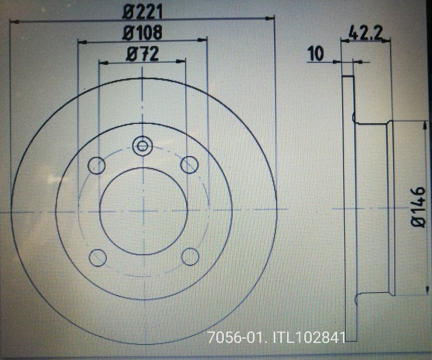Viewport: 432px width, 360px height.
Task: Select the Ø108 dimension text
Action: (143, 32)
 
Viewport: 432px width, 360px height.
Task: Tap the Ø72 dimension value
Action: (142, 54)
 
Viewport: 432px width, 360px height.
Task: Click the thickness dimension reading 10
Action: (316, 53)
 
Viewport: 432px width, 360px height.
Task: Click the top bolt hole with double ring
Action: (142, 147)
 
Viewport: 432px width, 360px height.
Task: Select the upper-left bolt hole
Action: (97, 165)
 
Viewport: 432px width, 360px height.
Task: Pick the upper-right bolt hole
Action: (190, 164)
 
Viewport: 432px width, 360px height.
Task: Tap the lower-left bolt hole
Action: (97, 257)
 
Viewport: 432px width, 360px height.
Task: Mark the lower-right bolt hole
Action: (190, 256)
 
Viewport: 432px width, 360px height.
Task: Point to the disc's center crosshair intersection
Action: (143, 210)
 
